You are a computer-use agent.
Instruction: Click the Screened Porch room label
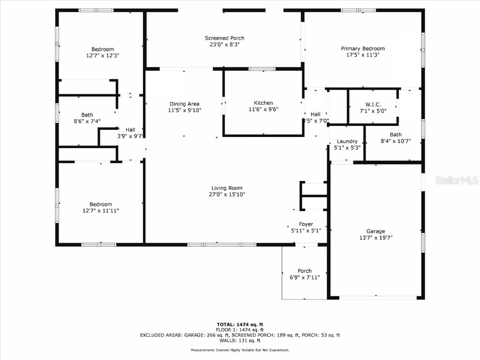tap(224, 38)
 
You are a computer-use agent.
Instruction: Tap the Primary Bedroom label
tap(362, 48)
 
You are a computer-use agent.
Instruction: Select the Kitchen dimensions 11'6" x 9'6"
tap(263, 110)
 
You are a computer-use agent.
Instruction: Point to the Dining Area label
tap(184, 104)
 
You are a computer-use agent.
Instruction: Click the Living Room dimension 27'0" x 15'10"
tap(227, 194)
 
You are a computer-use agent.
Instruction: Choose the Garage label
tap(375, 231)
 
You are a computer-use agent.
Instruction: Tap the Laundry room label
tap(347, 141)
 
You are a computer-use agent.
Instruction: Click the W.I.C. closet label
tap(373, 104)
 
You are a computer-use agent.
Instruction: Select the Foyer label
tap(306, 224)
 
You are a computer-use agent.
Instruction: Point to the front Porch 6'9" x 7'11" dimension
tap(304, 277)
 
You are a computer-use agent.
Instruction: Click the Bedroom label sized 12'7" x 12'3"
tap(102, 49)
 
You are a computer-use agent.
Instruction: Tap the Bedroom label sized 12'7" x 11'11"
tap(101, 204)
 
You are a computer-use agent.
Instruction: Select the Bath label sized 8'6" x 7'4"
tap(87, 115)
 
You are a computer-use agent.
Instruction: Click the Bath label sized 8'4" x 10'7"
tap(395, 135)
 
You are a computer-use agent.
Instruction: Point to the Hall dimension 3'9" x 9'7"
tap(130, 136)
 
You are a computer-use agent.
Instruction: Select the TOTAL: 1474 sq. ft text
tap(240, 324)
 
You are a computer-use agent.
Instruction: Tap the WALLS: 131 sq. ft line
tap(240, 340)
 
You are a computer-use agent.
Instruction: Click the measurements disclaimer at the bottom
tap(240, 350)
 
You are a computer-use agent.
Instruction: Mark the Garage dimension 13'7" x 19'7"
tap(375, 238)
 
